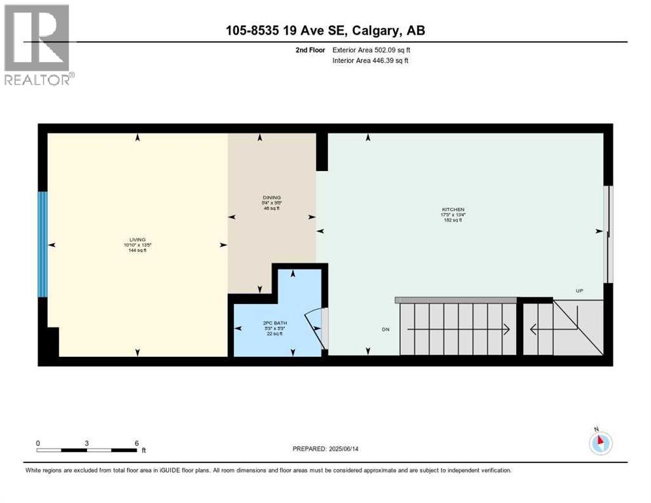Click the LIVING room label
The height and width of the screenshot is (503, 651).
[137, 240]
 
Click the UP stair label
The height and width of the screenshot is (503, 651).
[579, 291]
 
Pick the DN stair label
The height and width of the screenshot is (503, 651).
[386, 329]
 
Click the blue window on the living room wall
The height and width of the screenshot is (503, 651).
[43, 244]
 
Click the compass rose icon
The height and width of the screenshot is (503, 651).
[600, 443]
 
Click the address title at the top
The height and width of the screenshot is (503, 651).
[325, 31]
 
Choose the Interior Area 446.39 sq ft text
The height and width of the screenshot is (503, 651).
[371, 61]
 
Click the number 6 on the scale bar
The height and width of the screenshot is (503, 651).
[136, 443]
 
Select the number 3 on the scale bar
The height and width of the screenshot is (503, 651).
[86, 443]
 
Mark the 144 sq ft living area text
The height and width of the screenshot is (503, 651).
[137, 250]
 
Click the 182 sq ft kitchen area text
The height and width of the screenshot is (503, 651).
[453, 220]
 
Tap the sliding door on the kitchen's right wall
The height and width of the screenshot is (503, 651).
[608, 234]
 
